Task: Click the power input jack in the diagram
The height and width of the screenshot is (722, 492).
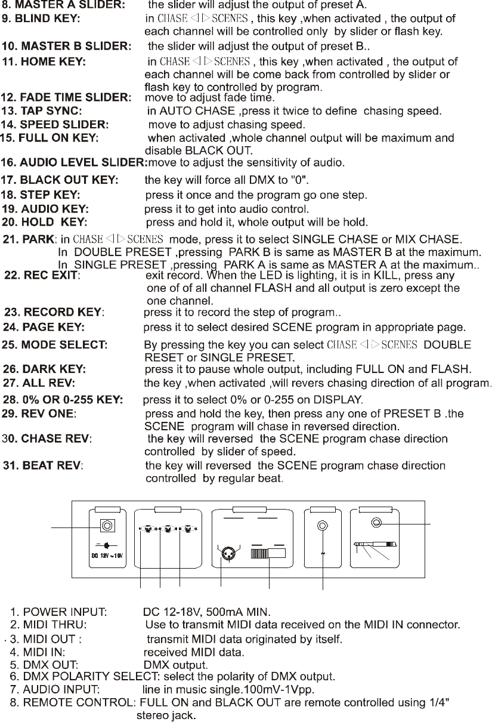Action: [x=107, y=526]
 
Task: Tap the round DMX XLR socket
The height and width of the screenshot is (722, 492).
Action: [x=228, y=554]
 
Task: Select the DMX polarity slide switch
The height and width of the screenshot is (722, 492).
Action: [x=268, y=553]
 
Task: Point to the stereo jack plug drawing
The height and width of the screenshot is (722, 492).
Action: [x=375, y=544]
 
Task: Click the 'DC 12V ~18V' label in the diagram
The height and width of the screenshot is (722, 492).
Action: [x=107, y=556]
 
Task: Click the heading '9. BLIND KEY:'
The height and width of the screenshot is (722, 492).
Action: [x=41, y=18]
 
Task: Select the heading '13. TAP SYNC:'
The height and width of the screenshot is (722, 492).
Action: [x=41, y=111]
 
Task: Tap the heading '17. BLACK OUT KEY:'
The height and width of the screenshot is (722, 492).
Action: [x=59, y=180]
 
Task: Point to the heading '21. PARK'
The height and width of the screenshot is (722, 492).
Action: [x=29, y=239]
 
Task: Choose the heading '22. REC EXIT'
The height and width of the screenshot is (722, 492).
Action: [x=41, y=275]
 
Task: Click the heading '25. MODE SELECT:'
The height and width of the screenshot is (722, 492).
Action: [x=54, y=345]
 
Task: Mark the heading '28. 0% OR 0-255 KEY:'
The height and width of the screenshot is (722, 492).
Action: [x=63, y=400]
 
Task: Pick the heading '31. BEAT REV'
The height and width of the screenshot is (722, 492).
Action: [x=42, y=466]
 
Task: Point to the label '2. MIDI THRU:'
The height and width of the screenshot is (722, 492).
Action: [x=48, y=625]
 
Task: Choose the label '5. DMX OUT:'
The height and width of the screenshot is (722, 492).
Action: [x=44, y=665]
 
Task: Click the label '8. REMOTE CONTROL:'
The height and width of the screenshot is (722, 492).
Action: [x=73, y=703]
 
